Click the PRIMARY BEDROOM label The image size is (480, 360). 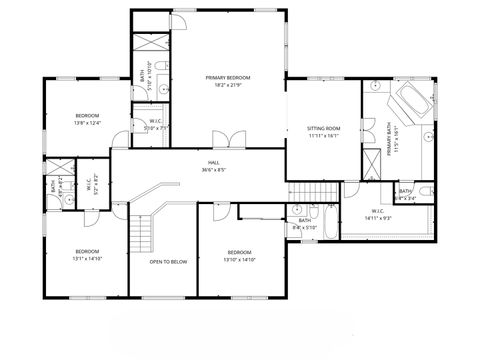(227, 77)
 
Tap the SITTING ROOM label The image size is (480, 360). (323, 128)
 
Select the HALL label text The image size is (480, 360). (213, 162)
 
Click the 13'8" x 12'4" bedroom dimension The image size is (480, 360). (88, 124)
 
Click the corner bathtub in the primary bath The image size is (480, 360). (410, 103)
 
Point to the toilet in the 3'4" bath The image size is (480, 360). (424, 190)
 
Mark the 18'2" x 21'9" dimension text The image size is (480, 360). (227, 85)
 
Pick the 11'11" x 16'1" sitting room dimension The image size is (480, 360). (323, 136)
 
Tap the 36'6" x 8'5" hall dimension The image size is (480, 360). (213, 170)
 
